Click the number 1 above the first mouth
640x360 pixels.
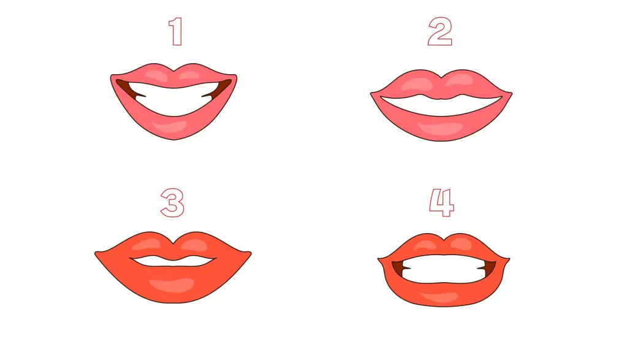(176, 31)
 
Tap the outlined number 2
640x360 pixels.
(440, 31)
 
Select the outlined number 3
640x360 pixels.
(172, 202)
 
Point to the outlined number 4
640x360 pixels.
(441, 202)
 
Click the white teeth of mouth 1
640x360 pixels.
(173, 100)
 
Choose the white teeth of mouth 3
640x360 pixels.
(173, 262)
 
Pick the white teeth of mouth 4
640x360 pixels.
(443, 269)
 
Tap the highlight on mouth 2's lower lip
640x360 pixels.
(441, 128)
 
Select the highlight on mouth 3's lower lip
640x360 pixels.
(172, 285)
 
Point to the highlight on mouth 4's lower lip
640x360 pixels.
(440, 296)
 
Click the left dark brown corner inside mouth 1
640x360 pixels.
(128, 90)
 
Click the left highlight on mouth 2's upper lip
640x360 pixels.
(417, 83)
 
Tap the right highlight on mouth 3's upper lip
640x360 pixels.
(194, 245)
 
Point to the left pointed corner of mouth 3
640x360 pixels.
(95, 254)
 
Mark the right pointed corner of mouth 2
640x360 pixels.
(512, 94)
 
